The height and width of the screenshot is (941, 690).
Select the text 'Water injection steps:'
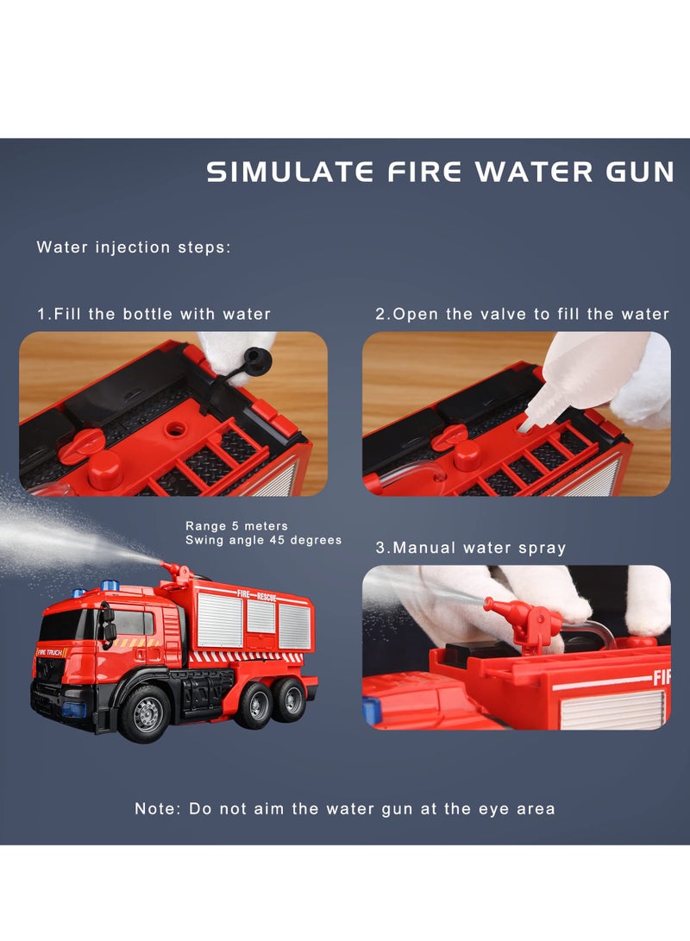pyautogui.click(x=134, y=248)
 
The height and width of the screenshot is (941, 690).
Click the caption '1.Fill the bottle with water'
pyautogui.click(x=154, y=315)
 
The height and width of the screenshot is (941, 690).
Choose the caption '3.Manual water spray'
pyautogui.click(x=471, y=547)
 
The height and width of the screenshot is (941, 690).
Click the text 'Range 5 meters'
pyautogui.click(x=237, y=525)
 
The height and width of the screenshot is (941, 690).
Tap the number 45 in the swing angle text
pyautogui.click(x=274, y=540)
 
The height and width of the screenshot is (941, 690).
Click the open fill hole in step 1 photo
pyautogui.click(x=177, y=429)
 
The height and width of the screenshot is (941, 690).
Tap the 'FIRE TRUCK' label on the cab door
pyautogui.click(x=52, y=652)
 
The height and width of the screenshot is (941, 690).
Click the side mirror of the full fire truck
pyautogui.click(x=109, y=623)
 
